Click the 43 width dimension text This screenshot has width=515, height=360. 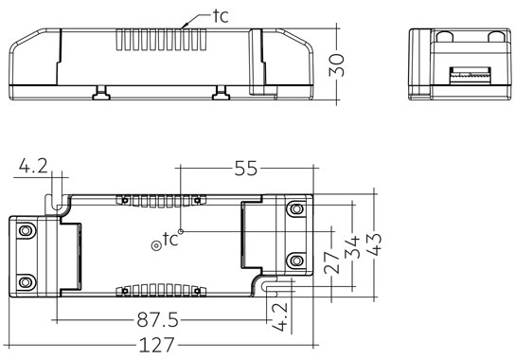(376, 248)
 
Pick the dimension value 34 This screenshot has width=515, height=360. (353, 248)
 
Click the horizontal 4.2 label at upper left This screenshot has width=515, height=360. (31, 168)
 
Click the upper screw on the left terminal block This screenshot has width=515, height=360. (26, 229)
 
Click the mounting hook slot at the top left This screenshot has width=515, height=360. (58, 202)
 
